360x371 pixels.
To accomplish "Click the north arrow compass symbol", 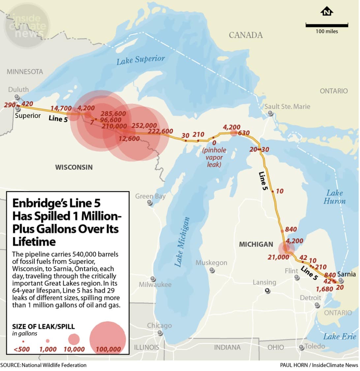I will tap(326, 12).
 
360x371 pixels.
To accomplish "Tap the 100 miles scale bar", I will tap(326, 25).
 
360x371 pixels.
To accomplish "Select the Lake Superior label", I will tap(140, 60).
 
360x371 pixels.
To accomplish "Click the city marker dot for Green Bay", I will tap(150, 203).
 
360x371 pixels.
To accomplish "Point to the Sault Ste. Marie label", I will tap(287, 106).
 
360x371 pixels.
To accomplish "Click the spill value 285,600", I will tap(113, 114).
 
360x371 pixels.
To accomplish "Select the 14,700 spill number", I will tap(61, 108).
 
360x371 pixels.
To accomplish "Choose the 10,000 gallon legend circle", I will tap(74, 339).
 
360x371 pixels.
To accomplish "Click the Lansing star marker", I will tap(267, 291).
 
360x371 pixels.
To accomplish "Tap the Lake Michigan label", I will tap(182, 242).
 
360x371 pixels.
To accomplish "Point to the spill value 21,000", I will tap(278, 257).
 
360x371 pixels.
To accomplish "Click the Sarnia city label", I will tap(346, 274).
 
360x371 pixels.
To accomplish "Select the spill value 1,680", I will tap(324, 289).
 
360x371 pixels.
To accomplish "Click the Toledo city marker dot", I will tap(301, 347).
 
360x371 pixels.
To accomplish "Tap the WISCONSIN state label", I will tap(74, 167).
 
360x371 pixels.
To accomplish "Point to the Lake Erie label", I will tap(340, 336).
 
